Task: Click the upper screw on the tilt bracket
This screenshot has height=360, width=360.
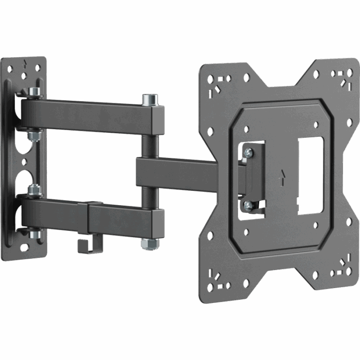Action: click(249, 152)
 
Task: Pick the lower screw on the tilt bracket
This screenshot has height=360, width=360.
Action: click(248, 205)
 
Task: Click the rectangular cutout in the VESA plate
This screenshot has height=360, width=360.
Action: click(310, 175)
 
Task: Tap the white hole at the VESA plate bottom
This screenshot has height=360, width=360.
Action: click(246, 283)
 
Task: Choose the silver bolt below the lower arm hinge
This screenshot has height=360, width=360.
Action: click(35, 235)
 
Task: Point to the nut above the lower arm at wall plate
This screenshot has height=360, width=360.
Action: click(34, 191)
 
